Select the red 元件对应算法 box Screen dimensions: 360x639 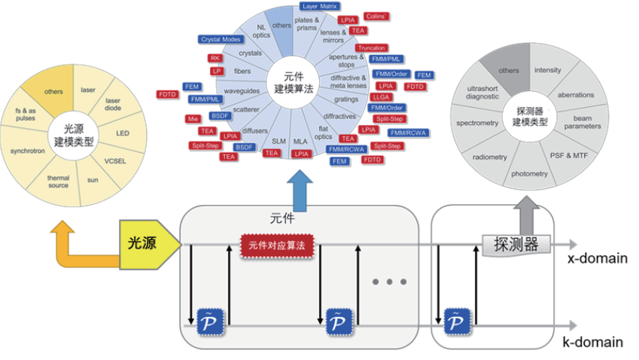(x=277, y=245)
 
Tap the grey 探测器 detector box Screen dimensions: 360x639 (x=516, y=244)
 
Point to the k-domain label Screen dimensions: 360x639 (x=595, y=342)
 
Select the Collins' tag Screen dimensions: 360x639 (x=376, y=16)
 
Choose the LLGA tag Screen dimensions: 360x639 (x=381, y=97)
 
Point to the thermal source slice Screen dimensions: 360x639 (x=59, y=182)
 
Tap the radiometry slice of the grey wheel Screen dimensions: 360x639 (x=489, y=157)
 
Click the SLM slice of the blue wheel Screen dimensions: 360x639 (x=278, y=141)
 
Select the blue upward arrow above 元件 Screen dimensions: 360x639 (x=302, y=191)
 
